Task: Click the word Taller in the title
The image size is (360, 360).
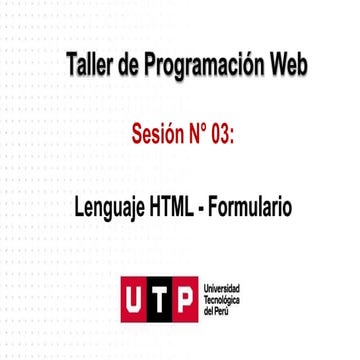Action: (88, 66)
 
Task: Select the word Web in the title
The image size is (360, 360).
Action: (287, 66)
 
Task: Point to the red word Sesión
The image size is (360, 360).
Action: (158, 135)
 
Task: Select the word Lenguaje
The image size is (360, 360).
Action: (109, 208)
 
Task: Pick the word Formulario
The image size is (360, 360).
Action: (250, 207)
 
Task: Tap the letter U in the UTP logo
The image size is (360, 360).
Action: (134, 299)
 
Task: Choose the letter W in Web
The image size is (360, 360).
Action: (275, 66)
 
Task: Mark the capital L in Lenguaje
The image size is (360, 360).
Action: (79, 207)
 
